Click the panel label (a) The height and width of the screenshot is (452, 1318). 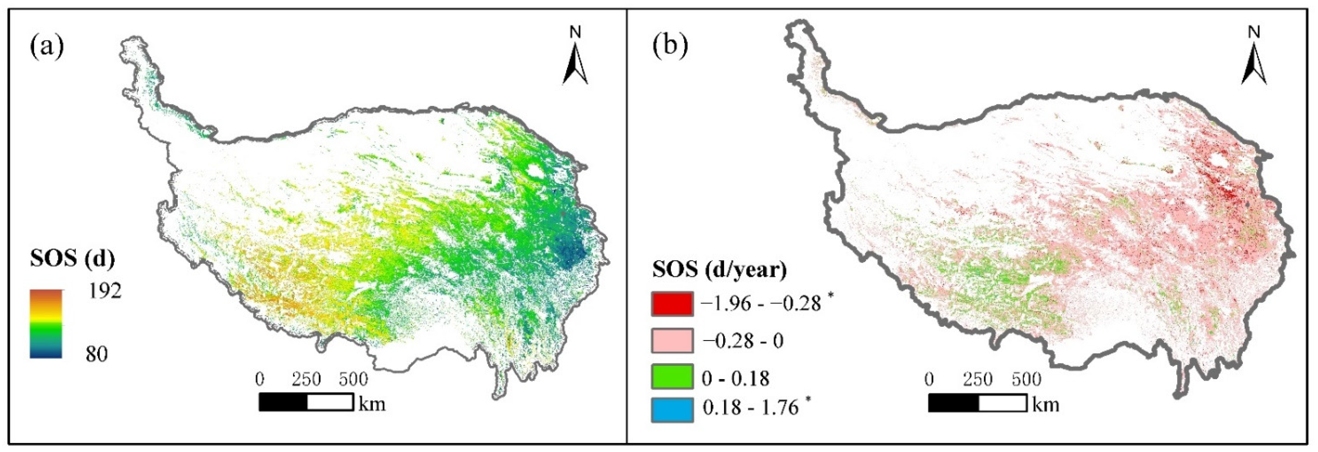point(47,48)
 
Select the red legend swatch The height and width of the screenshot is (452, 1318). point(672,305)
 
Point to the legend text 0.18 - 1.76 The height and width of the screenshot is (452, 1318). point(750,407)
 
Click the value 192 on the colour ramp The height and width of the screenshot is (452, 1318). point(105,291)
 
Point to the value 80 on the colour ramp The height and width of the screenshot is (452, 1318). point(97,354)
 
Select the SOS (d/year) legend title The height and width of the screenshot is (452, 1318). point(719,269)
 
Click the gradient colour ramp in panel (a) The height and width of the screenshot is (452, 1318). point(46,323)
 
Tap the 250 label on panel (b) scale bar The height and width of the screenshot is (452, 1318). point(978,379)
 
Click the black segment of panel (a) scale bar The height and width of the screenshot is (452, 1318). point(283,402)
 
